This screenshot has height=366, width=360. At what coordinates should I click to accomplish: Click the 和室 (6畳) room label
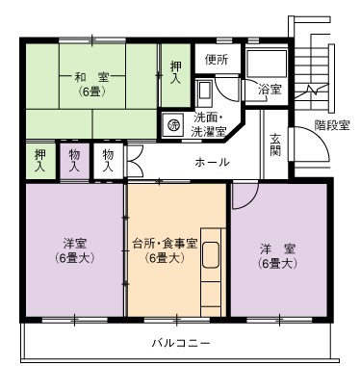coord(91,85)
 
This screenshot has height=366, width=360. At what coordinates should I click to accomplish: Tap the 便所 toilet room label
coord(217,60)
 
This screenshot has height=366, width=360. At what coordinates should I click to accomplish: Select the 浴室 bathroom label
coord(270,90)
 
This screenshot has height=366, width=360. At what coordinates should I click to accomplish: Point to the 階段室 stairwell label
coord(332,124)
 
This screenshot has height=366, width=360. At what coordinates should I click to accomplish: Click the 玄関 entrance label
coord(275,144)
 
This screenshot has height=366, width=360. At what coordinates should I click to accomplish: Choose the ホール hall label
coord(212,163)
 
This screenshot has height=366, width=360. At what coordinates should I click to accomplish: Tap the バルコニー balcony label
coord(181,344)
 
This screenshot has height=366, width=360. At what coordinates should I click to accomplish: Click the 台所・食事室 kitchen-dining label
coord(165,250)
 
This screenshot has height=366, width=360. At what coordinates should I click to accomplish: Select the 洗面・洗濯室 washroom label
coord(208,125)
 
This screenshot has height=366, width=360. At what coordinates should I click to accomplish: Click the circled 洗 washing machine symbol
coord(174,124)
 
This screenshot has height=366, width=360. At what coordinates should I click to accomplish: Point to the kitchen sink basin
coord(211,254)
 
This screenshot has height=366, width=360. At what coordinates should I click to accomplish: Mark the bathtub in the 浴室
coord(266,64)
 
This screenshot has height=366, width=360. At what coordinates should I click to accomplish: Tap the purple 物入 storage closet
coord(74,161)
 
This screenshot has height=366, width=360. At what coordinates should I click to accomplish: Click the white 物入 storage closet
coord(108,161)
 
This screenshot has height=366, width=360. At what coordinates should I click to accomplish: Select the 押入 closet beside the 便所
coord(175,75)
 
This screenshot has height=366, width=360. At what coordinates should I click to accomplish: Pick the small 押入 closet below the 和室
coord(40,161)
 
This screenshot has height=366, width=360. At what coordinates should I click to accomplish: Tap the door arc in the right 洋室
coord(253,200)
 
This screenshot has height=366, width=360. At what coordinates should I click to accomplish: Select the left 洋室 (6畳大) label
coord(74,250)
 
